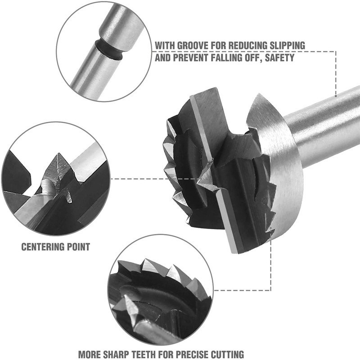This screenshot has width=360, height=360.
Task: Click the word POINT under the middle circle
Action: [x=78, y=247]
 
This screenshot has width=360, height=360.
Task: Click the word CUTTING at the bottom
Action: [x=228, y=354]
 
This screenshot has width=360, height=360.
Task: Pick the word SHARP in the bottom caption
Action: [x=124, y=354]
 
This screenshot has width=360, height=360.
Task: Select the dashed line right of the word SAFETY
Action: [x=315, y=52]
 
